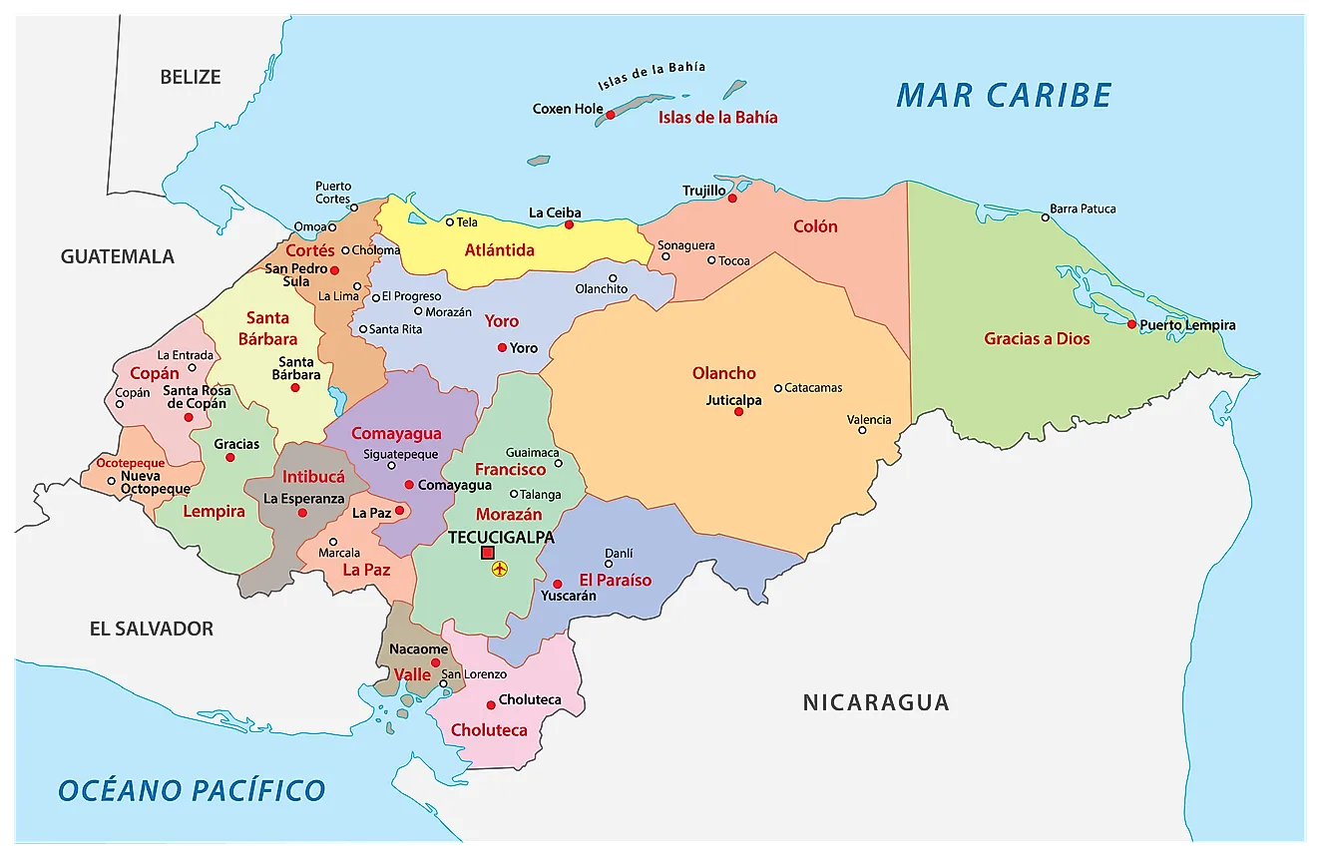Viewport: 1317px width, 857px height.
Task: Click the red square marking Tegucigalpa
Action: [488, 553]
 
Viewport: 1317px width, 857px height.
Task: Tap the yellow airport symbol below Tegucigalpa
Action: [500, 569]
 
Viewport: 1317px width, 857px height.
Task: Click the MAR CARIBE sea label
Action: [1004, 95]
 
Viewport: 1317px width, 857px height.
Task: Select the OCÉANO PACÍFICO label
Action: [192, 790]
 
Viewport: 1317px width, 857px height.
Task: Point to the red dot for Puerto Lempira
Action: [1131, 324]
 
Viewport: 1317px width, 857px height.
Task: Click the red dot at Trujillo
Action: [732, 199]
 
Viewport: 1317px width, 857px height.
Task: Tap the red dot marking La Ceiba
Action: [569, 224]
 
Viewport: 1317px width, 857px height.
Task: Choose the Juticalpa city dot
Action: [738, 411]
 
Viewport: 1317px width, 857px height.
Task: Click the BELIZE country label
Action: [190, 77]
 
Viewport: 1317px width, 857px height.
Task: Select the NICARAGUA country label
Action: [876, 702]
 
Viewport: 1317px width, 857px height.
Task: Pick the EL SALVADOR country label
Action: [152, 629]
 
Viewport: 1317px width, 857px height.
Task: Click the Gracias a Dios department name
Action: [1037, 338]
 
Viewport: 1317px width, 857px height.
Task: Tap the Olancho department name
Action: [724, 373]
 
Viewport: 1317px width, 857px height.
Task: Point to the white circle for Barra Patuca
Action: [1045, 217]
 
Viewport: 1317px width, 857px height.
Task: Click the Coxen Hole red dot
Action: [611, 115]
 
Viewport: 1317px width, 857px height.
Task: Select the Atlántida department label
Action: [500, 250]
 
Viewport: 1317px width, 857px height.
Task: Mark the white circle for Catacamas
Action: [778, 388]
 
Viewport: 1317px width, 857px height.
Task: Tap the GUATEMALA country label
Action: [118, 256]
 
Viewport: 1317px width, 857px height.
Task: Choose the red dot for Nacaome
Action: [435, 662]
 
